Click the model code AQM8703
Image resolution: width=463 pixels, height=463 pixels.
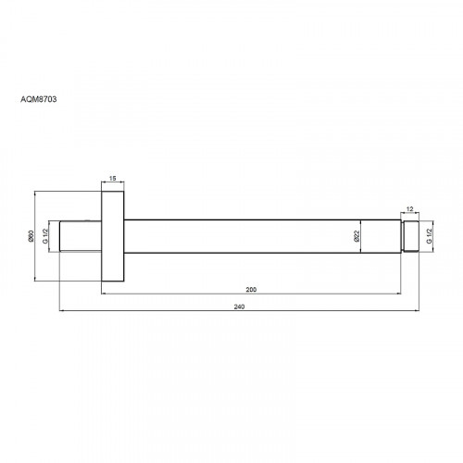click(39, 99)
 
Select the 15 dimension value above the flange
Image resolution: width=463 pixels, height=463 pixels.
click(113, 178)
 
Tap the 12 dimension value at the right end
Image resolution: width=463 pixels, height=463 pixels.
click(409, 209)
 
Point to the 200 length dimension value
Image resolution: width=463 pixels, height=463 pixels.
click(251, 290)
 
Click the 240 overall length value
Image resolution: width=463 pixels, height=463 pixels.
click(239, 307)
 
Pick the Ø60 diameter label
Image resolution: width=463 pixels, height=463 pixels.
click(31, 236)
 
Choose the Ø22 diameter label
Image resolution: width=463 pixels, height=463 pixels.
click(357, 236)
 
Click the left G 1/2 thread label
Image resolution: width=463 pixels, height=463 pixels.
click(45, 236)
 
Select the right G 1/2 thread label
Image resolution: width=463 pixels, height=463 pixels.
click(430, 236)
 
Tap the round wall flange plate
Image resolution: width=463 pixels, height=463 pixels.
click(113, 236)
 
